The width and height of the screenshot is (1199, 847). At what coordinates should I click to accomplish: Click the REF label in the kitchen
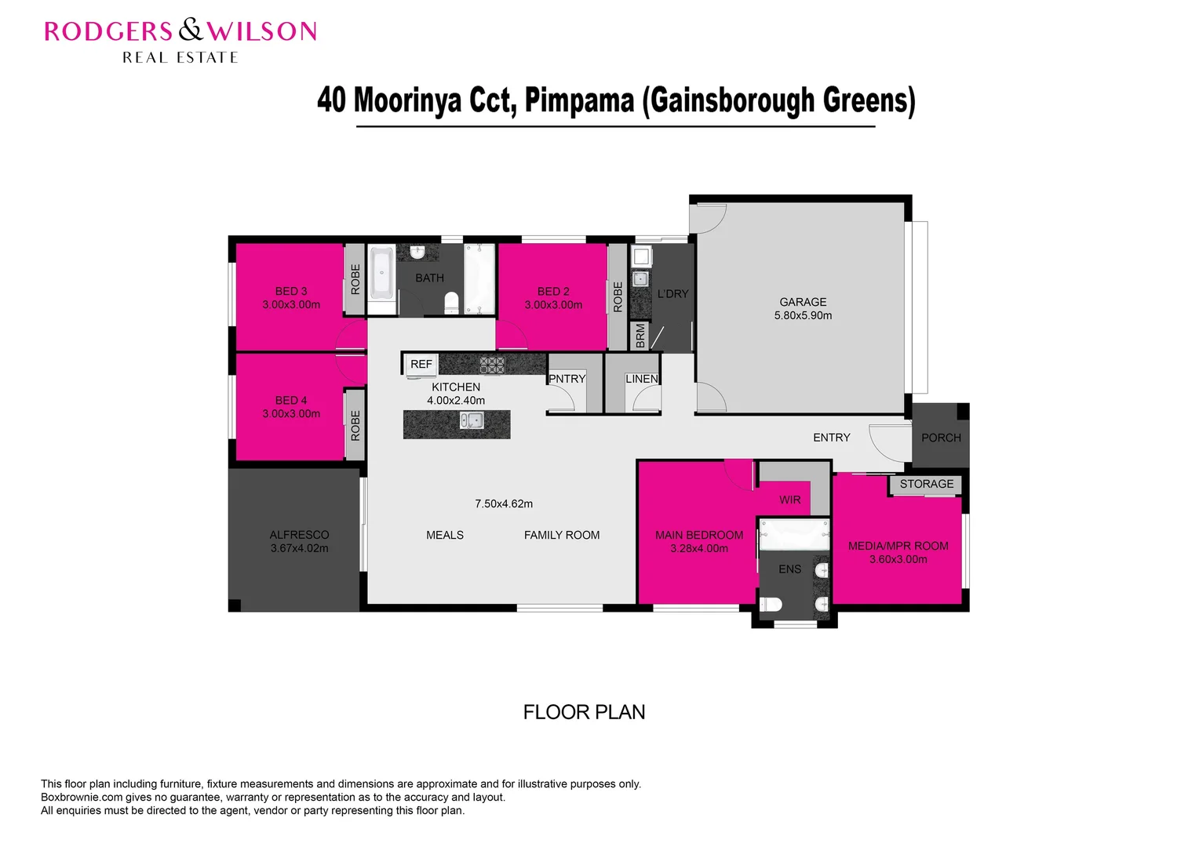(x=421, y=364)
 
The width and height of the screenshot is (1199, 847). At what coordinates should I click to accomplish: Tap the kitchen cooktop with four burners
(x=492, y=365)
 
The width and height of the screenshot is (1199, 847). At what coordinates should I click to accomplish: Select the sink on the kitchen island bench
(x=471, y=421)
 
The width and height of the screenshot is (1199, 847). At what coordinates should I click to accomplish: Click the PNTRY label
(x=567, y=379)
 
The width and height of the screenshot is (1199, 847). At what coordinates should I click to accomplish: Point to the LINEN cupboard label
(x=642, y=379)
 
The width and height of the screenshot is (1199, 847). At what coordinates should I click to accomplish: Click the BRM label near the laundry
(x=640, y=336)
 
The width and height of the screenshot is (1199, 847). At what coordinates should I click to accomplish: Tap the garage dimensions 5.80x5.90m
(x=803, y=315)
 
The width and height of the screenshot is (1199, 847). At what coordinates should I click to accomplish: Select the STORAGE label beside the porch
(x=926, y=484)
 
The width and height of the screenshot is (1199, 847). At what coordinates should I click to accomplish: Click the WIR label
(x=790, y=500)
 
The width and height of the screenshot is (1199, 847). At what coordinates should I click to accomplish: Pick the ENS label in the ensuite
(x=789, y=569)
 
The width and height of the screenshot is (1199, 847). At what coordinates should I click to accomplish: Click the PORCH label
(x=941, y=438)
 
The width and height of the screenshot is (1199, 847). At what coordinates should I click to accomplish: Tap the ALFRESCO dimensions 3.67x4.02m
(x=299, y=548)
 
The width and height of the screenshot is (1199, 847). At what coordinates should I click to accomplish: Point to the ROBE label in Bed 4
(x=355, y=425)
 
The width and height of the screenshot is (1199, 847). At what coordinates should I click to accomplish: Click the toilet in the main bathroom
(x=451, y=303)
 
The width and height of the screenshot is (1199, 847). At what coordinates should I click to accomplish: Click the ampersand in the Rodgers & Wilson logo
(x=190, y=30)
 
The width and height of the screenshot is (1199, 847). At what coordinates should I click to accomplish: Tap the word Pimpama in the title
(x=579, y=100)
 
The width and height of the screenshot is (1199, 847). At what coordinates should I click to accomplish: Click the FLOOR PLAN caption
(x=584, y=712)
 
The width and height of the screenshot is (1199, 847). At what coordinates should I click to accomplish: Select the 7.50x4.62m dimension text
(x=504, y=503)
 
